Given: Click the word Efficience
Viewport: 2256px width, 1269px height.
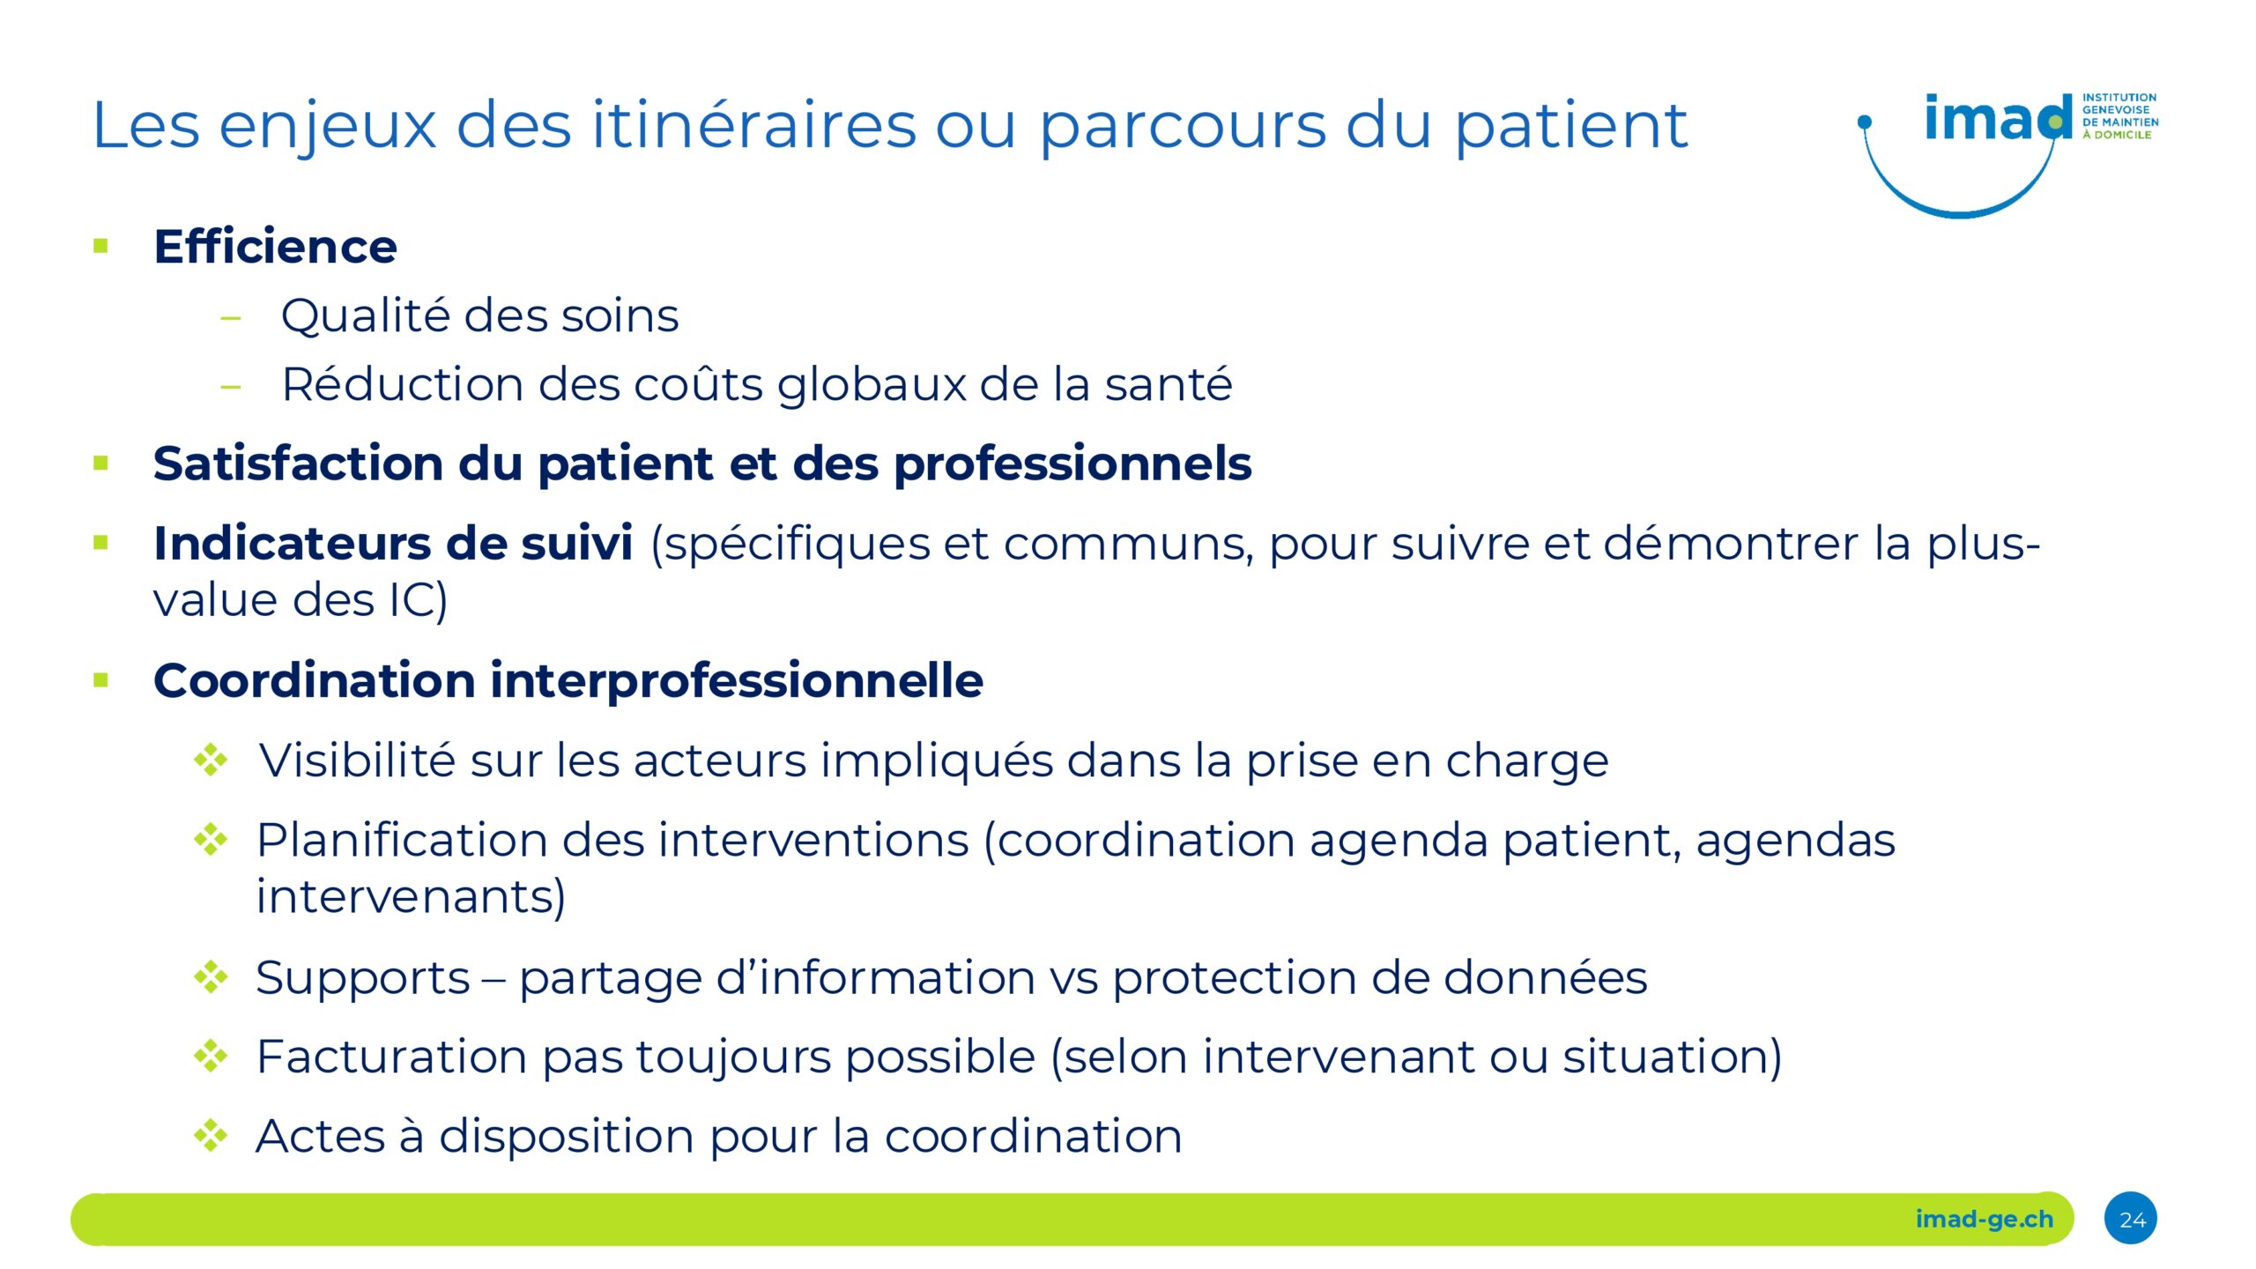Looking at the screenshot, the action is click(275, 246).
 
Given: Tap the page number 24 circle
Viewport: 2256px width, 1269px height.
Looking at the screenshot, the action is click(2131, 1219).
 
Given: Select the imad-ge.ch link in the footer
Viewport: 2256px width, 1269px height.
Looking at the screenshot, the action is click(1984, 1220).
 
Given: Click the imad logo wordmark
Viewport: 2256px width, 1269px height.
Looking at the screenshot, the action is click(1998, 118).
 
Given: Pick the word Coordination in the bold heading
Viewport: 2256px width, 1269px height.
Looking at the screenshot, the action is click(315, 680).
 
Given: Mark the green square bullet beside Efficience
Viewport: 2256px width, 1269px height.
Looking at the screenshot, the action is click(100, 246).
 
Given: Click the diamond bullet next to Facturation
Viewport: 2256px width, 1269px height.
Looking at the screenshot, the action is click(211, 1056).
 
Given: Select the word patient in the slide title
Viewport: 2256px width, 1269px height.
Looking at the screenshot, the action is click(1571, 127).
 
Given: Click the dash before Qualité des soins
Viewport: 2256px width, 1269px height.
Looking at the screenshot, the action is click(231, 318).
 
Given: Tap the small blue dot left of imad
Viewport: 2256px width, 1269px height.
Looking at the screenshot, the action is click(1865, 122).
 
